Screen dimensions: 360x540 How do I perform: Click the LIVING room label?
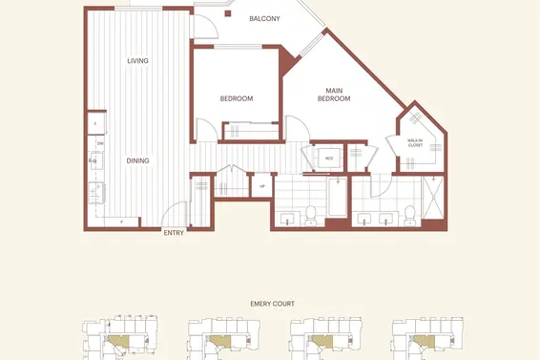coord(138,61)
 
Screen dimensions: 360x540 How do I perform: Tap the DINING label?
coord(138,160)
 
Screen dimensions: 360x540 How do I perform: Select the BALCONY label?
coord(264,18)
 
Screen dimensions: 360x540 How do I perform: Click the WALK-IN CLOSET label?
coord(415,143)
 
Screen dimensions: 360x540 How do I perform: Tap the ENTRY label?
coord(174,232)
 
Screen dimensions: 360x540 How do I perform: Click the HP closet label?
coord(262,185)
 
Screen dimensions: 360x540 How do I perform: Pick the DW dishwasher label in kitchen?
coord(98,143)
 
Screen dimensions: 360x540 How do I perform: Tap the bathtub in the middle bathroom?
coord(338,201)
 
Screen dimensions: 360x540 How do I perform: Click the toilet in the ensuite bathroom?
coord(408,215)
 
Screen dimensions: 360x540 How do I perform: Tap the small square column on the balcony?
coord(227,13)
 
